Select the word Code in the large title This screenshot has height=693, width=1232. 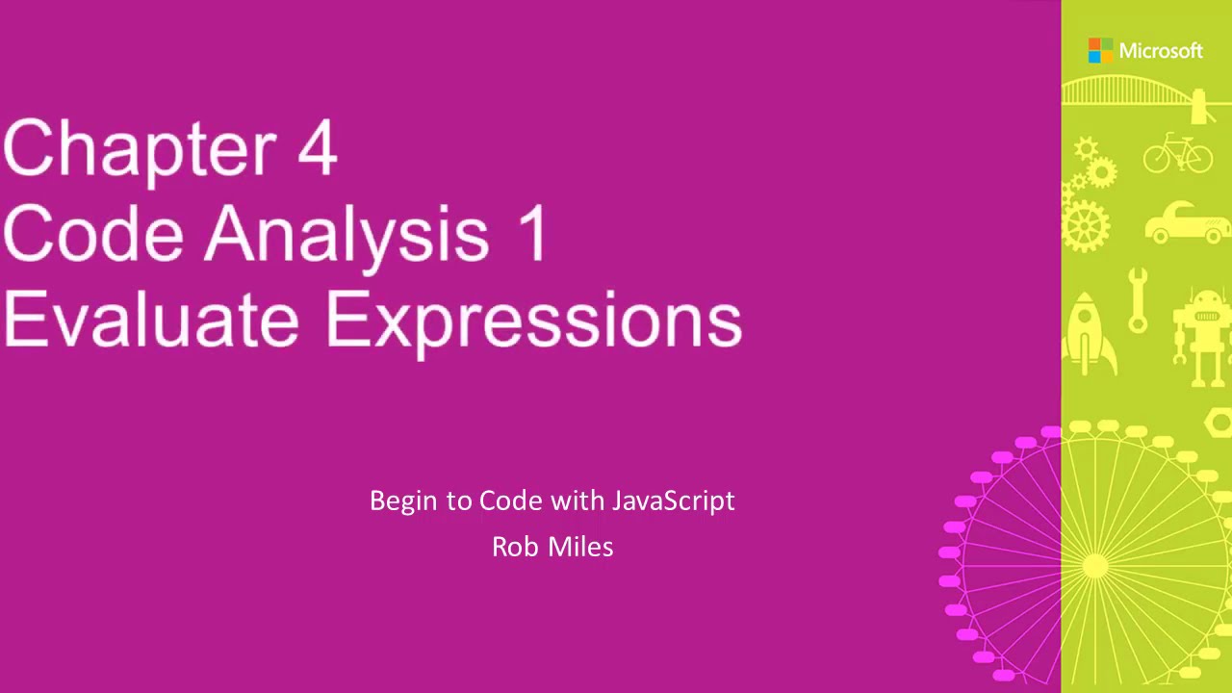click(92, 234)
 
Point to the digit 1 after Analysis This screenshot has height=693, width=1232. click(534, 234)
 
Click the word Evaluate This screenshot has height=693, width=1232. click(150, 319)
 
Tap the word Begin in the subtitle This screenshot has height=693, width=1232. click(407, 501)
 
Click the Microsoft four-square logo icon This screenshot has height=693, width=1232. click(1100, 51)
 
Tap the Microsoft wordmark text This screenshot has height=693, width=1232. click(1161, 51)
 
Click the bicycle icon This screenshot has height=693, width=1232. click(1178, 154)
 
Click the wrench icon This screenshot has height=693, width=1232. click(1138, 300)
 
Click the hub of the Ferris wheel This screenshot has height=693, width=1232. click(1094, 566)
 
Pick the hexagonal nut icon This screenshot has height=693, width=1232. click(1219, 422)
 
